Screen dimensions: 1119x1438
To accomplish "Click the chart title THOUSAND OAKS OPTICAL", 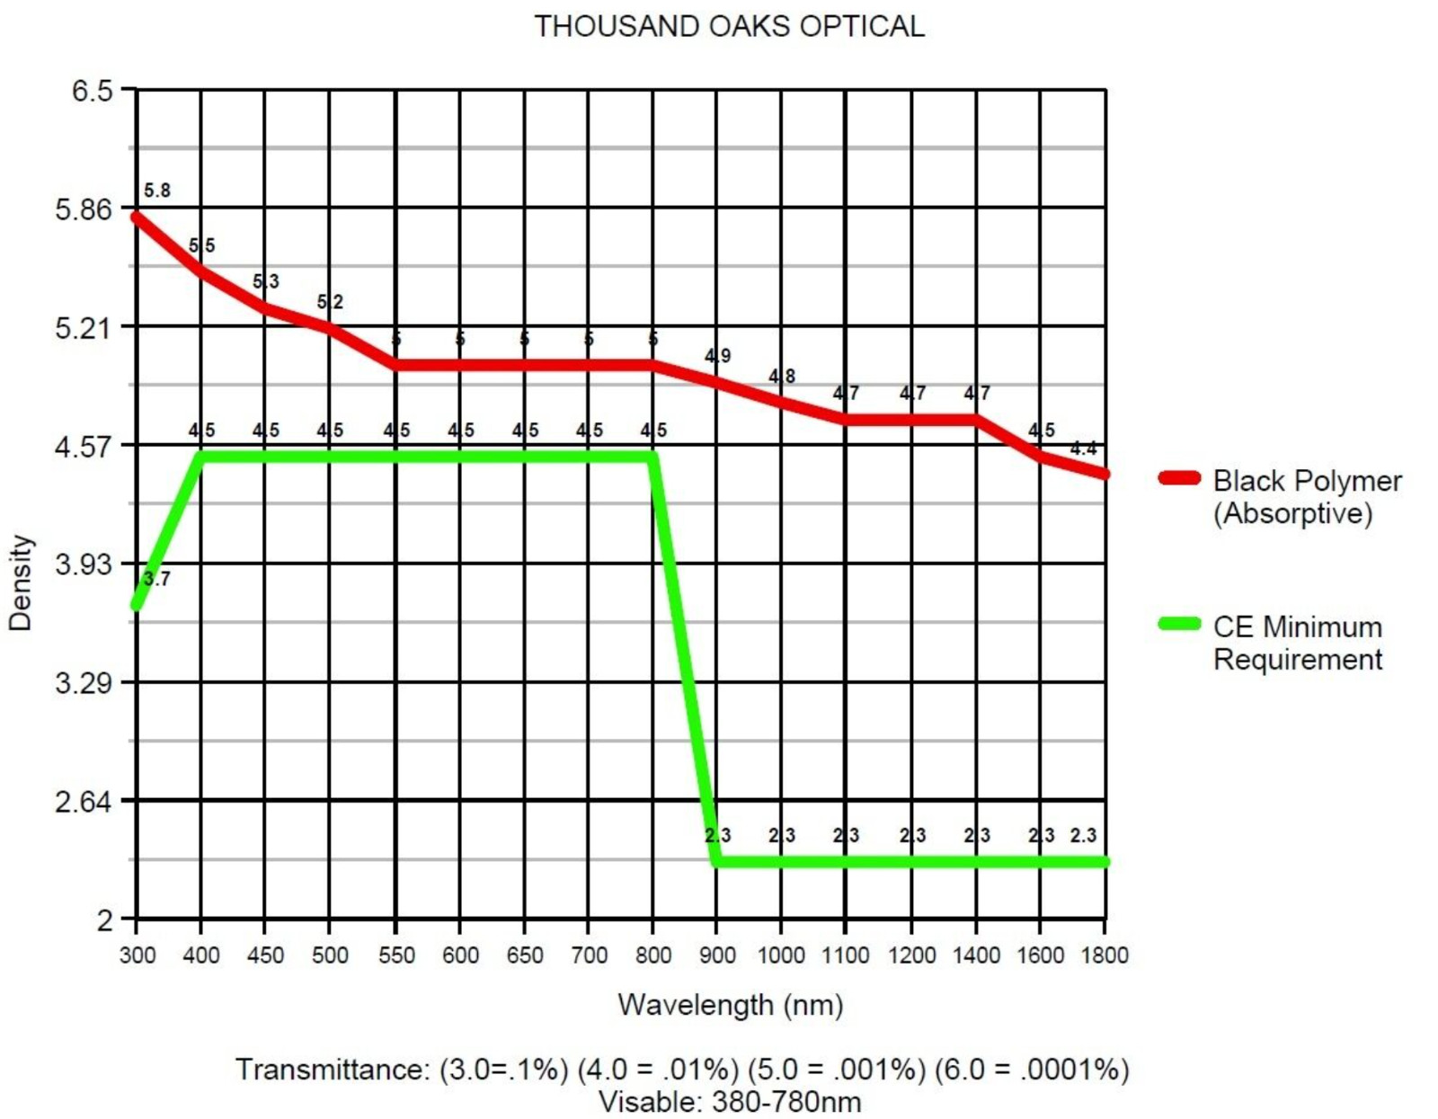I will [x=729, y=26].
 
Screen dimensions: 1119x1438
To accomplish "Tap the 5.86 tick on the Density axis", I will [x=84, y=209].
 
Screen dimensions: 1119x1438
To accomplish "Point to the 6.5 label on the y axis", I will [x=92, y=91].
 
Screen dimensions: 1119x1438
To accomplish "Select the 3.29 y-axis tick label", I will [x=84, y=682].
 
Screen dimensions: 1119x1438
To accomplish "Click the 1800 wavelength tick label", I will [x=1105, y=955].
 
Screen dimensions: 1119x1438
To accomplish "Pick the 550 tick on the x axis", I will [x=395, y=955].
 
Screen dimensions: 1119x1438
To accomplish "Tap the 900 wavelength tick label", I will [x=716, y=955].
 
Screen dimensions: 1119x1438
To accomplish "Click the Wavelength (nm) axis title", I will [x=730, y=1004].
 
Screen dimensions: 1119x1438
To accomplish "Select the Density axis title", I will [x=20, y=582].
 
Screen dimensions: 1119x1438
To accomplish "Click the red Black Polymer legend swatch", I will [x=1179, y=478].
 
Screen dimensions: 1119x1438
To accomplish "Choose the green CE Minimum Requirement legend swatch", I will [x=1179, y=624].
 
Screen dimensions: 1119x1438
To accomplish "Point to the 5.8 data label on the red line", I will [x=157, y=191].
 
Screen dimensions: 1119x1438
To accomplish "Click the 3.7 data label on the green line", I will [x=157, y=578].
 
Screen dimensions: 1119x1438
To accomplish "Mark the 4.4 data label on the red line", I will [x=1083, y=448].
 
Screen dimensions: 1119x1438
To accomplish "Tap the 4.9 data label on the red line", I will [x=717, y=356].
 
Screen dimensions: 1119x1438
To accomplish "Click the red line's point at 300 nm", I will [x=137, y=217].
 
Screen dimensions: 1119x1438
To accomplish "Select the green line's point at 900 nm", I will [x=716, y=861].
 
